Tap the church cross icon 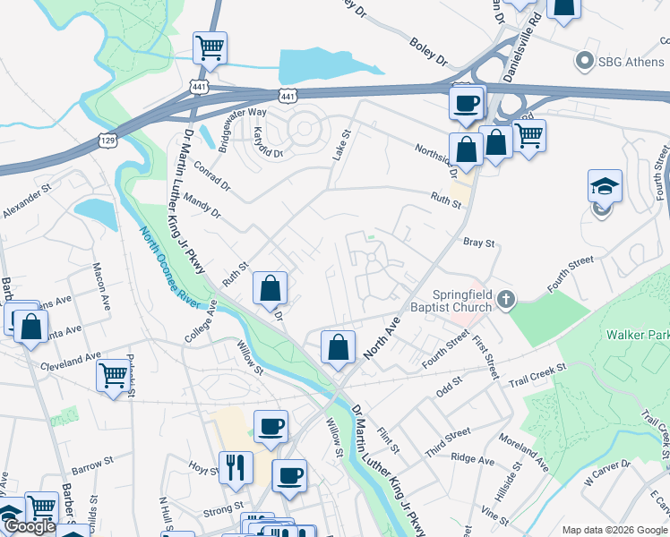coord(507,299)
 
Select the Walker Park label coord(637,335)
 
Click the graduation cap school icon coord(605,187)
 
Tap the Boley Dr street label coord(427,53)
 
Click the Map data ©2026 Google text coord(614,530)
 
